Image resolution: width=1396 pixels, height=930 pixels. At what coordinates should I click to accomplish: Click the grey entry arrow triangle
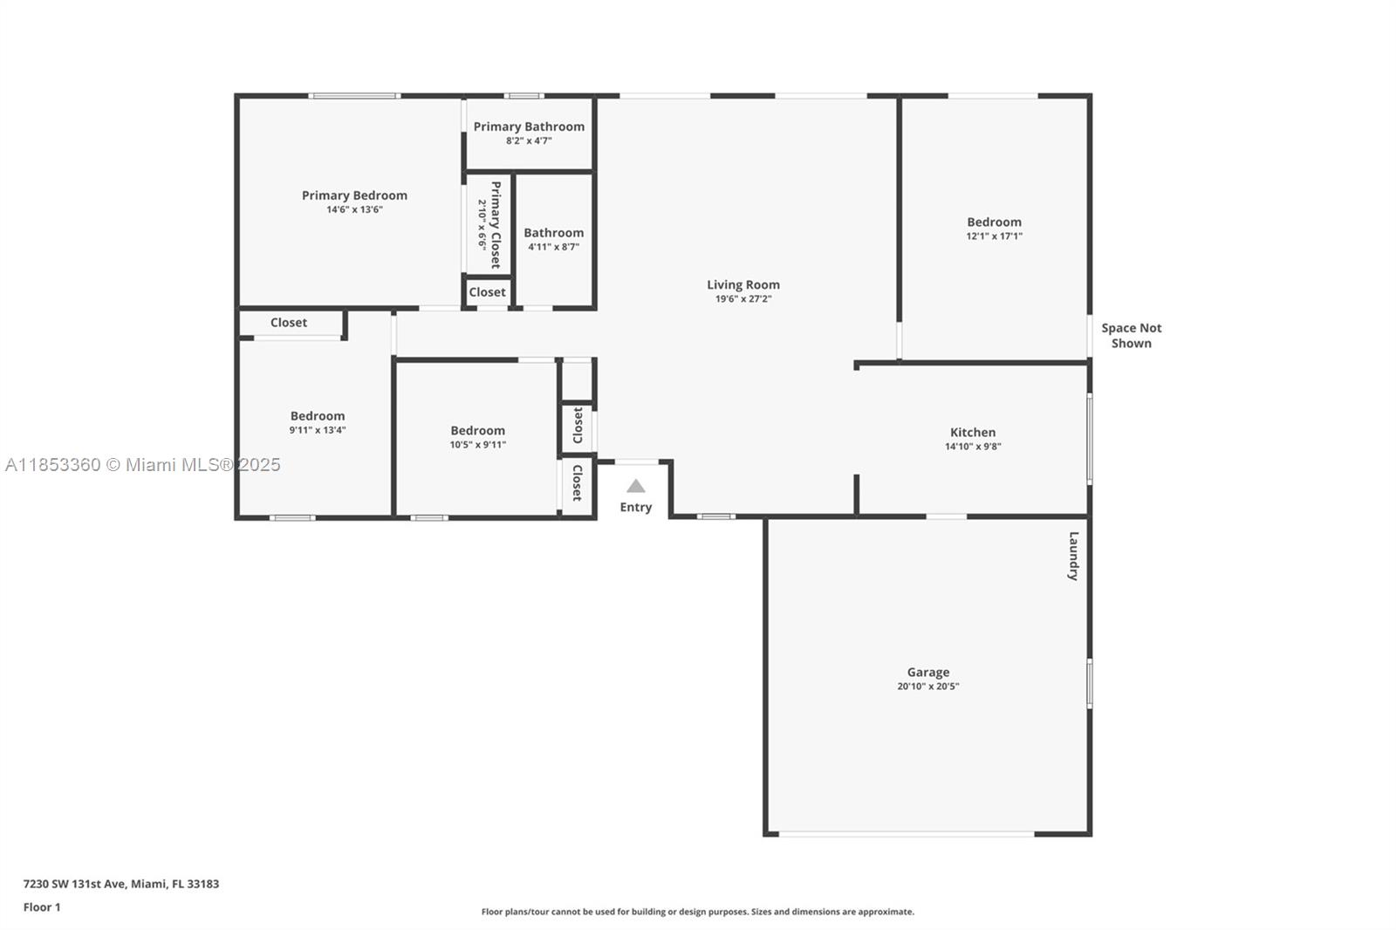point(636,486)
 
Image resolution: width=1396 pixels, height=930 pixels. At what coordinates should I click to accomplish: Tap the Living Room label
point(742,285)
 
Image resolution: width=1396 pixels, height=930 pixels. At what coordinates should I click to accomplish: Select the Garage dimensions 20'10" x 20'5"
point(928,687)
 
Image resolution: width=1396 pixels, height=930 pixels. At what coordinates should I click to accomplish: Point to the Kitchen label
point(973,432)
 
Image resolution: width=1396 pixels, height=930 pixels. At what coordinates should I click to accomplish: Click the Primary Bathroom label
point(529,127)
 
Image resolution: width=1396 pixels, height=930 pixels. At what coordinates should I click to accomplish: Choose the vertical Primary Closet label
point(496,224)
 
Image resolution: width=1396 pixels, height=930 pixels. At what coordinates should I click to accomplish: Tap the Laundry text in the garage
point(1073,556)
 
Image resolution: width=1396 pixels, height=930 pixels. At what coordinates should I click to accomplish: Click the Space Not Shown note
point(1131,335)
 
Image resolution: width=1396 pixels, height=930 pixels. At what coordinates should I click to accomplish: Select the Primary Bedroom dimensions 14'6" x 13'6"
point(354,209)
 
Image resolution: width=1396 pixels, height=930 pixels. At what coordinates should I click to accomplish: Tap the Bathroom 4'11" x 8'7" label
point(553,239)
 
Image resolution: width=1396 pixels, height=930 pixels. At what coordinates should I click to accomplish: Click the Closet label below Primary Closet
point(487,292)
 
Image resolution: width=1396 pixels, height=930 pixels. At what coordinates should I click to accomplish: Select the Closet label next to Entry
point(578,482)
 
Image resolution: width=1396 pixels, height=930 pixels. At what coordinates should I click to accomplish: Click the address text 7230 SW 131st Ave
point(75,884)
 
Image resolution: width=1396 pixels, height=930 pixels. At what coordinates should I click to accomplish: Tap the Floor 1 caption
point(42,907)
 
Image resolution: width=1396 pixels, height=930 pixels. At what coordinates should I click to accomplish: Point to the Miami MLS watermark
point(143,465)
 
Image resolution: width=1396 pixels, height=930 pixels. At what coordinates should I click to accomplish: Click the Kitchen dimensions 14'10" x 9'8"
point(973,447)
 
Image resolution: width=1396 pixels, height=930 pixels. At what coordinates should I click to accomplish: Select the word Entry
point(636,508)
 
